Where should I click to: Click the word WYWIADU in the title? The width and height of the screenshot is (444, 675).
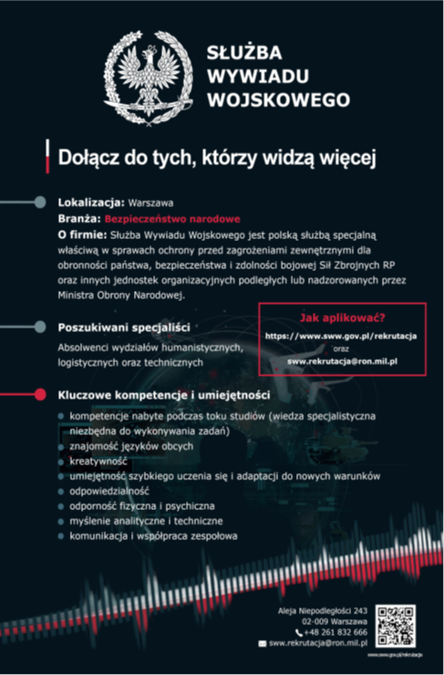tap(249, 73)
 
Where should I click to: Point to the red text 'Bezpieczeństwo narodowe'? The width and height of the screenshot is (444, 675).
tap(172, 219)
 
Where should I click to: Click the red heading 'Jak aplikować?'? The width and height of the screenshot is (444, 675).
tap(342, 318)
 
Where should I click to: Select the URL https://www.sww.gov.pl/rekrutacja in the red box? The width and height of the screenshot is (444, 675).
tap(341, 337)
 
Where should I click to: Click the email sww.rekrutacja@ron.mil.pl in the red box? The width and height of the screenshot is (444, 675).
tap(342, 362)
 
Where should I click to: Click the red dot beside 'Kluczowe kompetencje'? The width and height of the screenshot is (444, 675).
tap(38, 396)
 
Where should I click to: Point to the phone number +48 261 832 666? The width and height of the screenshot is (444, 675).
tap(336, 631)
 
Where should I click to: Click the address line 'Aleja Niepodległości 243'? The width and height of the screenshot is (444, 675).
tap(322, 609)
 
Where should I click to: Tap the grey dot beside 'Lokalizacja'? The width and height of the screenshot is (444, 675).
tap(38, 202)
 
